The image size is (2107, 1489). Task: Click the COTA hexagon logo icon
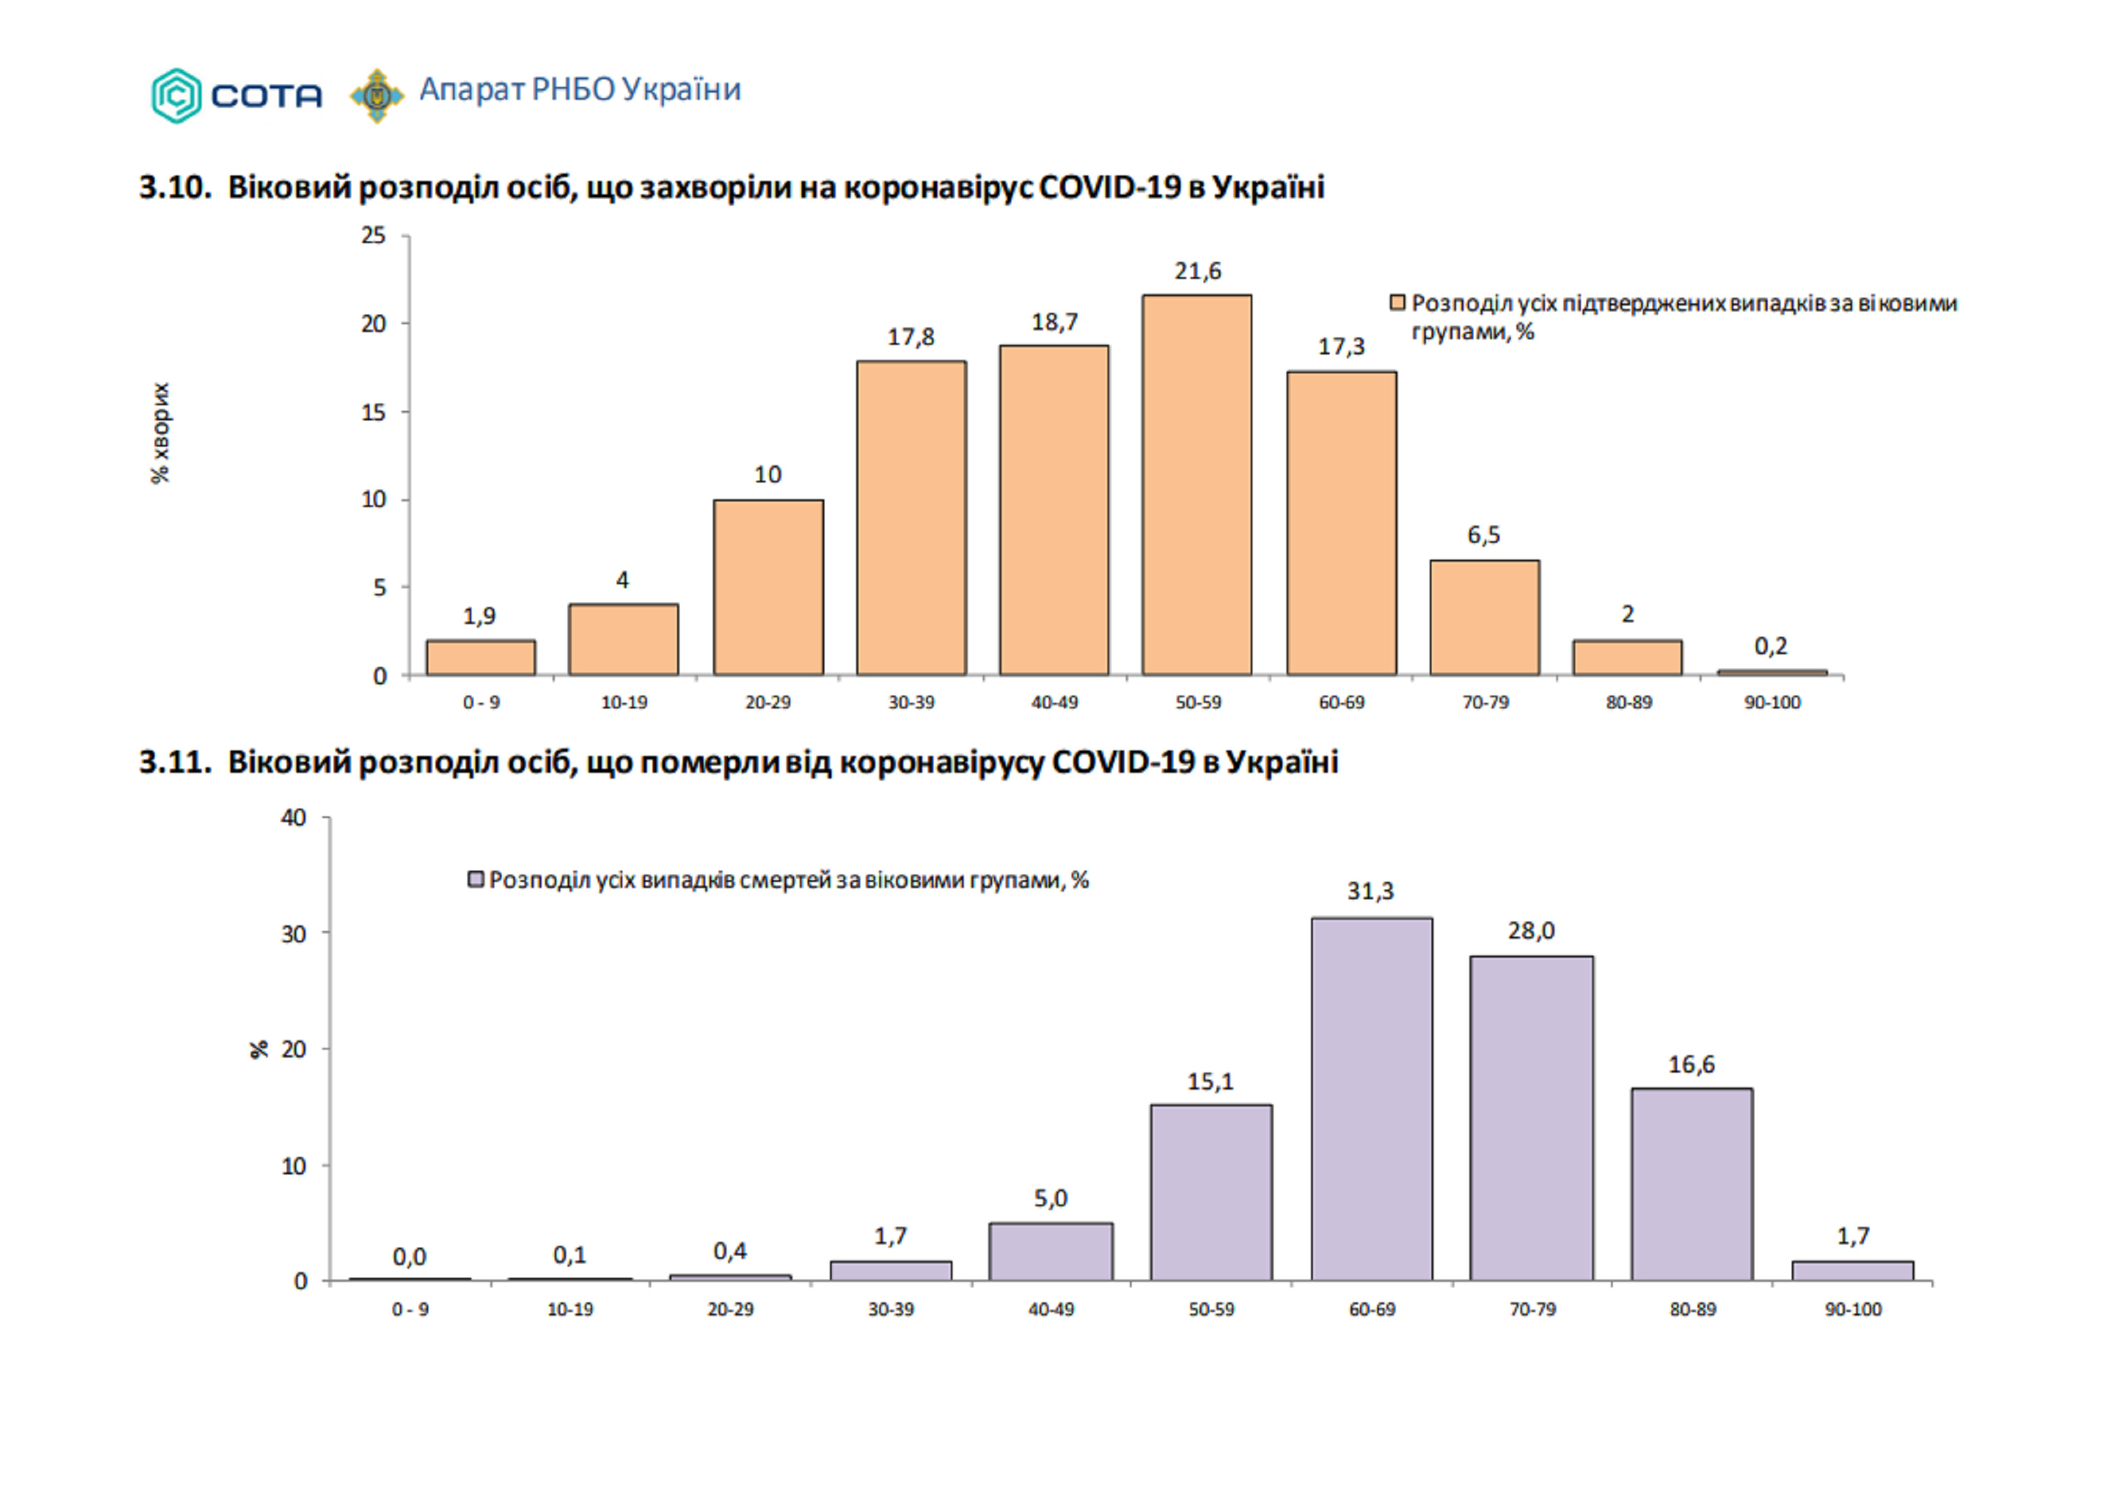(x=176, y=95)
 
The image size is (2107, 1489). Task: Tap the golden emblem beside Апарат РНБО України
(x=376, y=95)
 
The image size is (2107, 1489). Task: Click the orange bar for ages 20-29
(x=768, y=587)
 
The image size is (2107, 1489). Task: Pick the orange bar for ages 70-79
(x=1484, y=618)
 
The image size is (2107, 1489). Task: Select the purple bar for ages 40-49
(x=1051, y=1252)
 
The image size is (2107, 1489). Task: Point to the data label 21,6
(x=1197, y=271)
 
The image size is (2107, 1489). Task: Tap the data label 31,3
(x=1370, y=891)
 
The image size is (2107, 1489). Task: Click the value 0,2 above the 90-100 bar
(x=1770, y=647)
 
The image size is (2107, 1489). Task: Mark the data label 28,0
(x=1530, y=931)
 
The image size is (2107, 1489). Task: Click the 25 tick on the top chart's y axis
(x=374, y=236)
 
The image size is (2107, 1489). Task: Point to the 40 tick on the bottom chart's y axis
(x=294, y=817)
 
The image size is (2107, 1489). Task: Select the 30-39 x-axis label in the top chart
(x=911, y=703)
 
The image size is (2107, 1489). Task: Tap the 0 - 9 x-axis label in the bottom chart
(x=410, y=1310)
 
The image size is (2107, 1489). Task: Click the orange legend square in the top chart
(x=1398, y=303)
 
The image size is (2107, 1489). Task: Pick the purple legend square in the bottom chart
(x=475, y=880)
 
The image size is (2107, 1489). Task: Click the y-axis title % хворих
(x=161, y=433)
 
